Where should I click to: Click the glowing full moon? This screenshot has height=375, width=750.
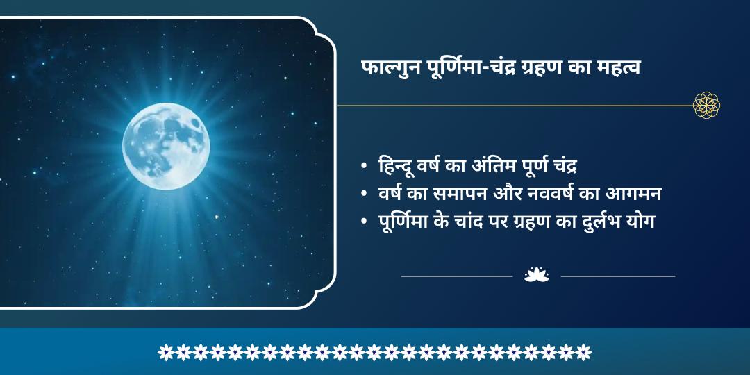coord(166,145)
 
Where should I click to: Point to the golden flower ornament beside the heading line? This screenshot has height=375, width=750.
coord(706,105)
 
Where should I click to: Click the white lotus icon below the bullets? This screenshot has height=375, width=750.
coord(536,275)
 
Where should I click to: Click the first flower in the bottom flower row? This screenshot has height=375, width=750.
coord(165,352)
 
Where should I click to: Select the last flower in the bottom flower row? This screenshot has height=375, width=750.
coord(584,352)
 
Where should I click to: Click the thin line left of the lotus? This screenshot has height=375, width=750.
coord(456,276)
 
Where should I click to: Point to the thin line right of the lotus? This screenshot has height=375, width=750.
coord(617,276)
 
